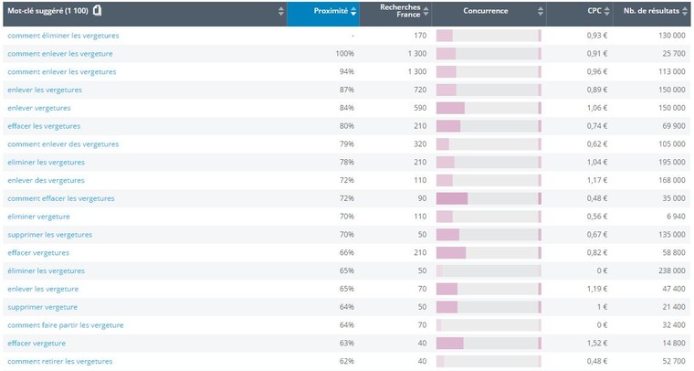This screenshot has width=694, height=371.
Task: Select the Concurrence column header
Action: click(486, 12)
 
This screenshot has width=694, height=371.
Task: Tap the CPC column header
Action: click(594, 12)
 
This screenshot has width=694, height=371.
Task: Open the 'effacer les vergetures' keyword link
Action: click(44, 126)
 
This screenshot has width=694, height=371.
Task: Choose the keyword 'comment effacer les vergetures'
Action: click(61, 198)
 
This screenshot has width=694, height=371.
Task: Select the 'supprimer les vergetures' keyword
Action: click(49, 235)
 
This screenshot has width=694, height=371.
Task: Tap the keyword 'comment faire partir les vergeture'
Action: click(65, 325)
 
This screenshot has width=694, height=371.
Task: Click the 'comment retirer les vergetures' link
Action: click(60, 361)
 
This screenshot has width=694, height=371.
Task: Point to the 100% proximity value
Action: click(345, 54)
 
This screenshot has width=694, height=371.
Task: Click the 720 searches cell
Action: click(418, 90)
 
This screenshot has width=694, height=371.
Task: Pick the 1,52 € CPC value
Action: click(596, 344)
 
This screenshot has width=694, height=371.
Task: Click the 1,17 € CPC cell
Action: click(596, 180)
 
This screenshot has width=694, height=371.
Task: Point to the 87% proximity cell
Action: click(347, 90)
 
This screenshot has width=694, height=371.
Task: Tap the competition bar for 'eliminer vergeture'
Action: click(489, 217)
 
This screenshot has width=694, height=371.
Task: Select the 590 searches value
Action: click(418, 108)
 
